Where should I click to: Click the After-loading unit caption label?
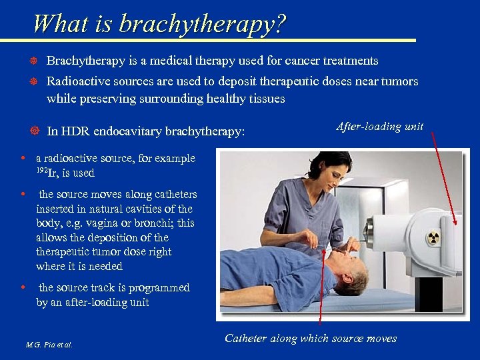(x=379, y=127)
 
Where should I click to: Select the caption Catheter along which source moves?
(x=311, y=339)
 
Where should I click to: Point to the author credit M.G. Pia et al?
(x=49, y=345)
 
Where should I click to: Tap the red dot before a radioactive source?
(x=23, y=159)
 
